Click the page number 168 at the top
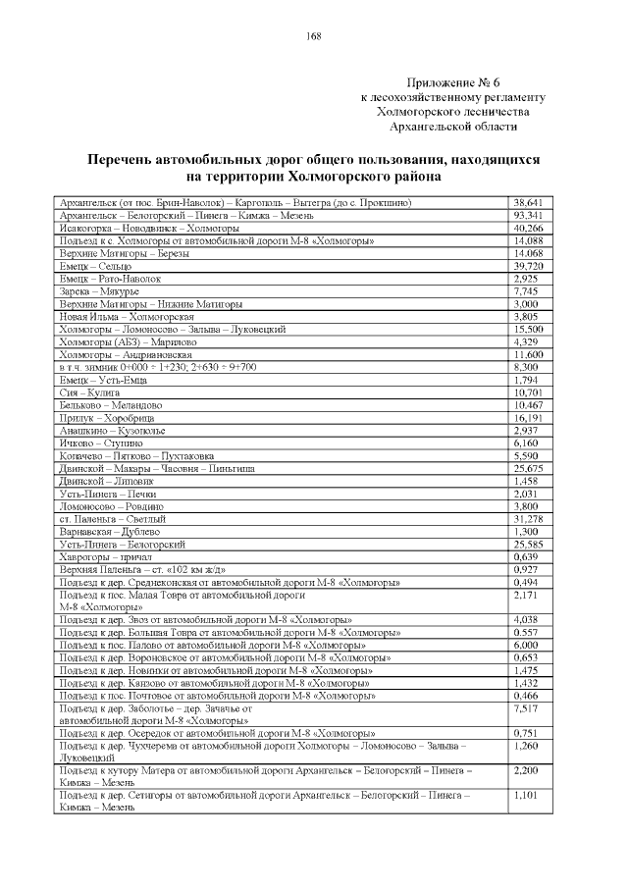[x=314, y=36]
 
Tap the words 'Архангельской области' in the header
[x=452, y=127]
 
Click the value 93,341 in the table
[x=528, y=215]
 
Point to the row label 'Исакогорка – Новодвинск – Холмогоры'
[x=142, y=228]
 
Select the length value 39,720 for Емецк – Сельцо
[x=528, y=266]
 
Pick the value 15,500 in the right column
[x=528, y=329]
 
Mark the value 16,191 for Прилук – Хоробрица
[x=528, y=418]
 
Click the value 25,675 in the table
[x=528, y=468]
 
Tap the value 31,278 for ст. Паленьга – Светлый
[x=528, y=518]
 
